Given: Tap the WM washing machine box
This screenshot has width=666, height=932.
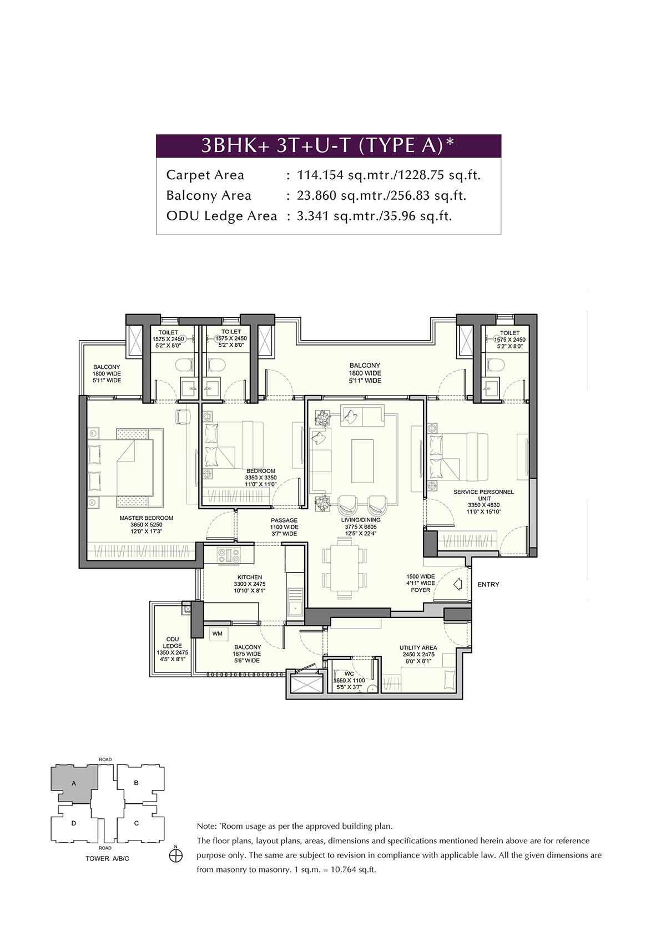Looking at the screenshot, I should pyautogui.click(x=217, y=633).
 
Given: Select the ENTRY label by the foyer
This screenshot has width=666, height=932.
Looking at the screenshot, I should pyautogui.click(x=488, y=584).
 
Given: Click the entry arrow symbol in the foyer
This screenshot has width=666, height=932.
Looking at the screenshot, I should pyautogui.click(x=458, y=584).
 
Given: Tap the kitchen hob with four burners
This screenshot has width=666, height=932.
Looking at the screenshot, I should pyautogui.click(x=228, y=555).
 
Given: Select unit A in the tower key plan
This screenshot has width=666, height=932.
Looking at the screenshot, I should pyautogui.click(x=74, y=783).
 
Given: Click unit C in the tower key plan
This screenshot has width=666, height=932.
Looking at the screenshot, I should pyautogui.click(x=137, y=823).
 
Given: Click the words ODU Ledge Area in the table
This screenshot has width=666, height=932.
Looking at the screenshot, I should pyautogui.click(x=221, y=216).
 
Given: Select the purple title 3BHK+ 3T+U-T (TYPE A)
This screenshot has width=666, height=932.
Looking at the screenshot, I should pyautogui.click(x=328, y=145).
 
